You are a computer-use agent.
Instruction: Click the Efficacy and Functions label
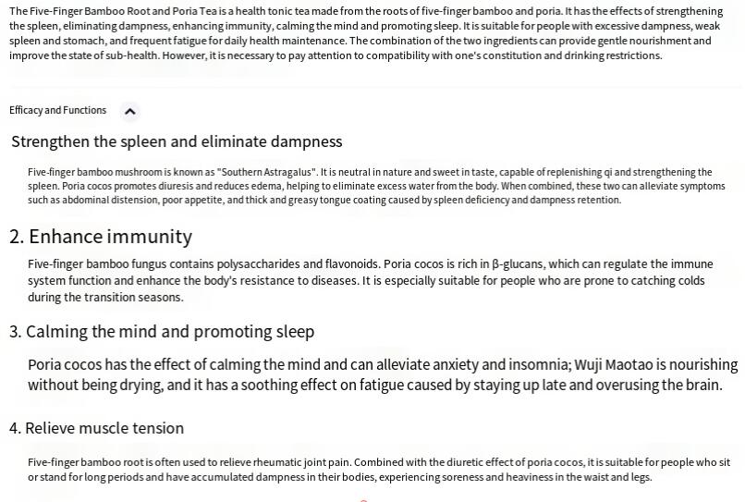57,110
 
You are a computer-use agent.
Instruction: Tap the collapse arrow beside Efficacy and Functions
130,111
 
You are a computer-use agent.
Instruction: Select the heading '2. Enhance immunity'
101,236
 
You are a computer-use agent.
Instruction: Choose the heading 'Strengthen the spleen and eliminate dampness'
177,141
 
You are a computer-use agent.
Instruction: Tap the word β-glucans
518,263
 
